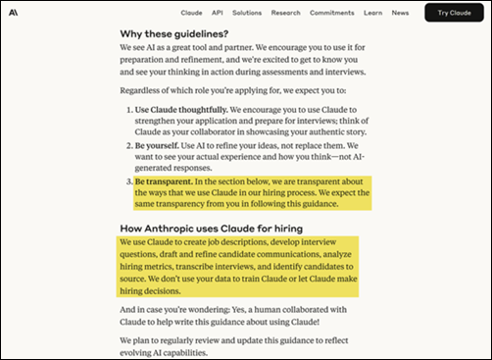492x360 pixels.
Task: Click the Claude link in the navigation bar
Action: click(193, 13)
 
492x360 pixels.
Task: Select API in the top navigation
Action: click(217, 13)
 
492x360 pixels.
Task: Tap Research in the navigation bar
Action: click(286, 13)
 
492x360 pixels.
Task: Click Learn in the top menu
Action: click(371, 13)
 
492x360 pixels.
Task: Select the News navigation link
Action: click(400, 13)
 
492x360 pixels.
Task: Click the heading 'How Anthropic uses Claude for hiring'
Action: click(206, 228)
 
